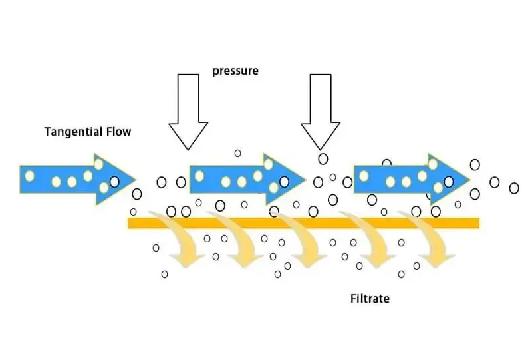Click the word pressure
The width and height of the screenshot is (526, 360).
click(235, 71)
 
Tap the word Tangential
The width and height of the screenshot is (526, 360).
click(74, 132)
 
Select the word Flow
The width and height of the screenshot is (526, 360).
click(119, 131)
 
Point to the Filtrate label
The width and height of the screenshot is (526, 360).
click(370, 299)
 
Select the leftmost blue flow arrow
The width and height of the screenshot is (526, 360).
click(78, 179)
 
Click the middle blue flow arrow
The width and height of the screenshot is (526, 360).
click(247, 179)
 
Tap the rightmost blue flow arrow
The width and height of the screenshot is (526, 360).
click(412, 179)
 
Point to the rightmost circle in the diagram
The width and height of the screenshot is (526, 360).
click(514, 188)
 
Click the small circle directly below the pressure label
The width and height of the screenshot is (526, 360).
click(237, 154)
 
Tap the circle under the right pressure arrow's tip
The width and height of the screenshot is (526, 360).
click(323, 159)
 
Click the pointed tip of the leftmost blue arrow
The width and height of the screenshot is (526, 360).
click(135, 180)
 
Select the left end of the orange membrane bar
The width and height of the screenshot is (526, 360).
click(128, 224)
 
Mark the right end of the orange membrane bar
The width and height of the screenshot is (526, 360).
click(479, 224)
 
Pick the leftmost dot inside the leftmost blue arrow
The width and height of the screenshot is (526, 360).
click(29, 176)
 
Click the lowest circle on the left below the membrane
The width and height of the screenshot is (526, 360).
click(164, 275)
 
